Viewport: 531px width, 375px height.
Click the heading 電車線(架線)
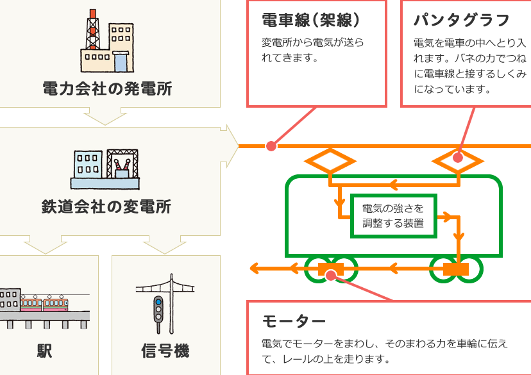click(310, 20)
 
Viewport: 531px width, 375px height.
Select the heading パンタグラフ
click(462, 21)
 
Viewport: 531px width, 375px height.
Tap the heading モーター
click(294, 321)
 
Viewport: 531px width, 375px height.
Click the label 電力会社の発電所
click(107, 88)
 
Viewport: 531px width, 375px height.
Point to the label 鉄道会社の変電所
click(106, 206)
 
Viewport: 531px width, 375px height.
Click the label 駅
click(44, 351)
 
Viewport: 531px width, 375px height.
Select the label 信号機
click(165, 351)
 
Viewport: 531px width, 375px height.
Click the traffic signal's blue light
click(158, 302)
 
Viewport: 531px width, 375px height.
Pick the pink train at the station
click(44, 304)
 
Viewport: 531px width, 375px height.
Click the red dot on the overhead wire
click(271, 146)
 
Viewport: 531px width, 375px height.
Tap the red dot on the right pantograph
click(458, 158)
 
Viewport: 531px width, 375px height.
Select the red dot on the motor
click(331, 276)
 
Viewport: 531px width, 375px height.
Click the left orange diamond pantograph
click(330, 161)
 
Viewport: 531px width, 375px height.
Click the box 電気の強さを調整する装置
click(394, 216)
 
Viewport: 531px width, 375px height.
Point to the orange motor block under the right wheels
click(456, 269)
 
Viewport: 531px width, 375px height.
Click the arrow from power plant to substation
click(105, 116)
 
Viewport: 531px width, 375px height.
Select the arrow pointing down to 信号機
click(165, 245)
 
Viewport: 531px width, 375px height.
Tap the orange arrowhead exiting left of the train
click(255, 269)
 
